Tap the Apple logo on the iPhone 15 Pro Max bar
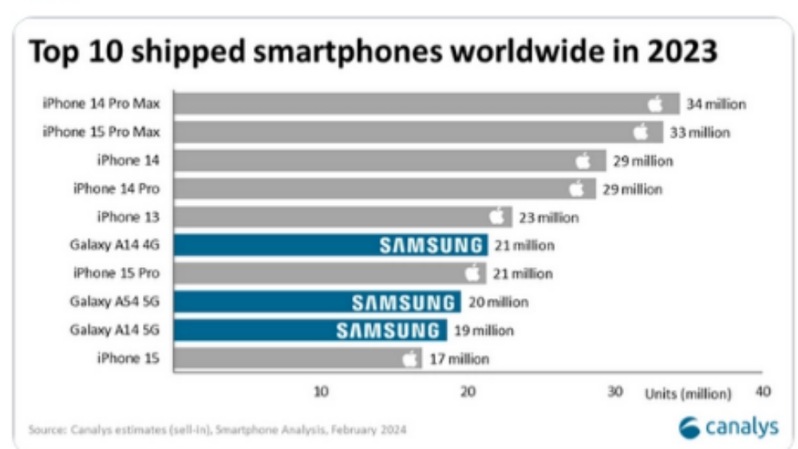[x=640, y=132]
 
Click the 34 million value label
[x=716, y=104]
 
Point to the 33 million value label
[x=700, y=132]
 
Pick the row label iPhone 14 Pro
[x=116, y=189]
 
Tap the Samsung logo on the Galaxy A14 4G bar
[x=430, y=246]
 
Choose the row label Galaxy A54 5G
[x=115, y=301]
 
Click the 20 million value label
[x=496, y=302]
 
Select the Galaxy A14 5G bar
[x=310, y=330]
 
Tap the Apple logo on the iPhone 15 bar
[x=410, y=359]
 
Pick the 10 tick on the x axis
[x=320, y=392]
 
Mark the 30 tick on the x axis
[x=614, y=392]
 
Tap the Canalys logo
[x=728, y=427]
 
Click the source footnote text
[x=217, y=431]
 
